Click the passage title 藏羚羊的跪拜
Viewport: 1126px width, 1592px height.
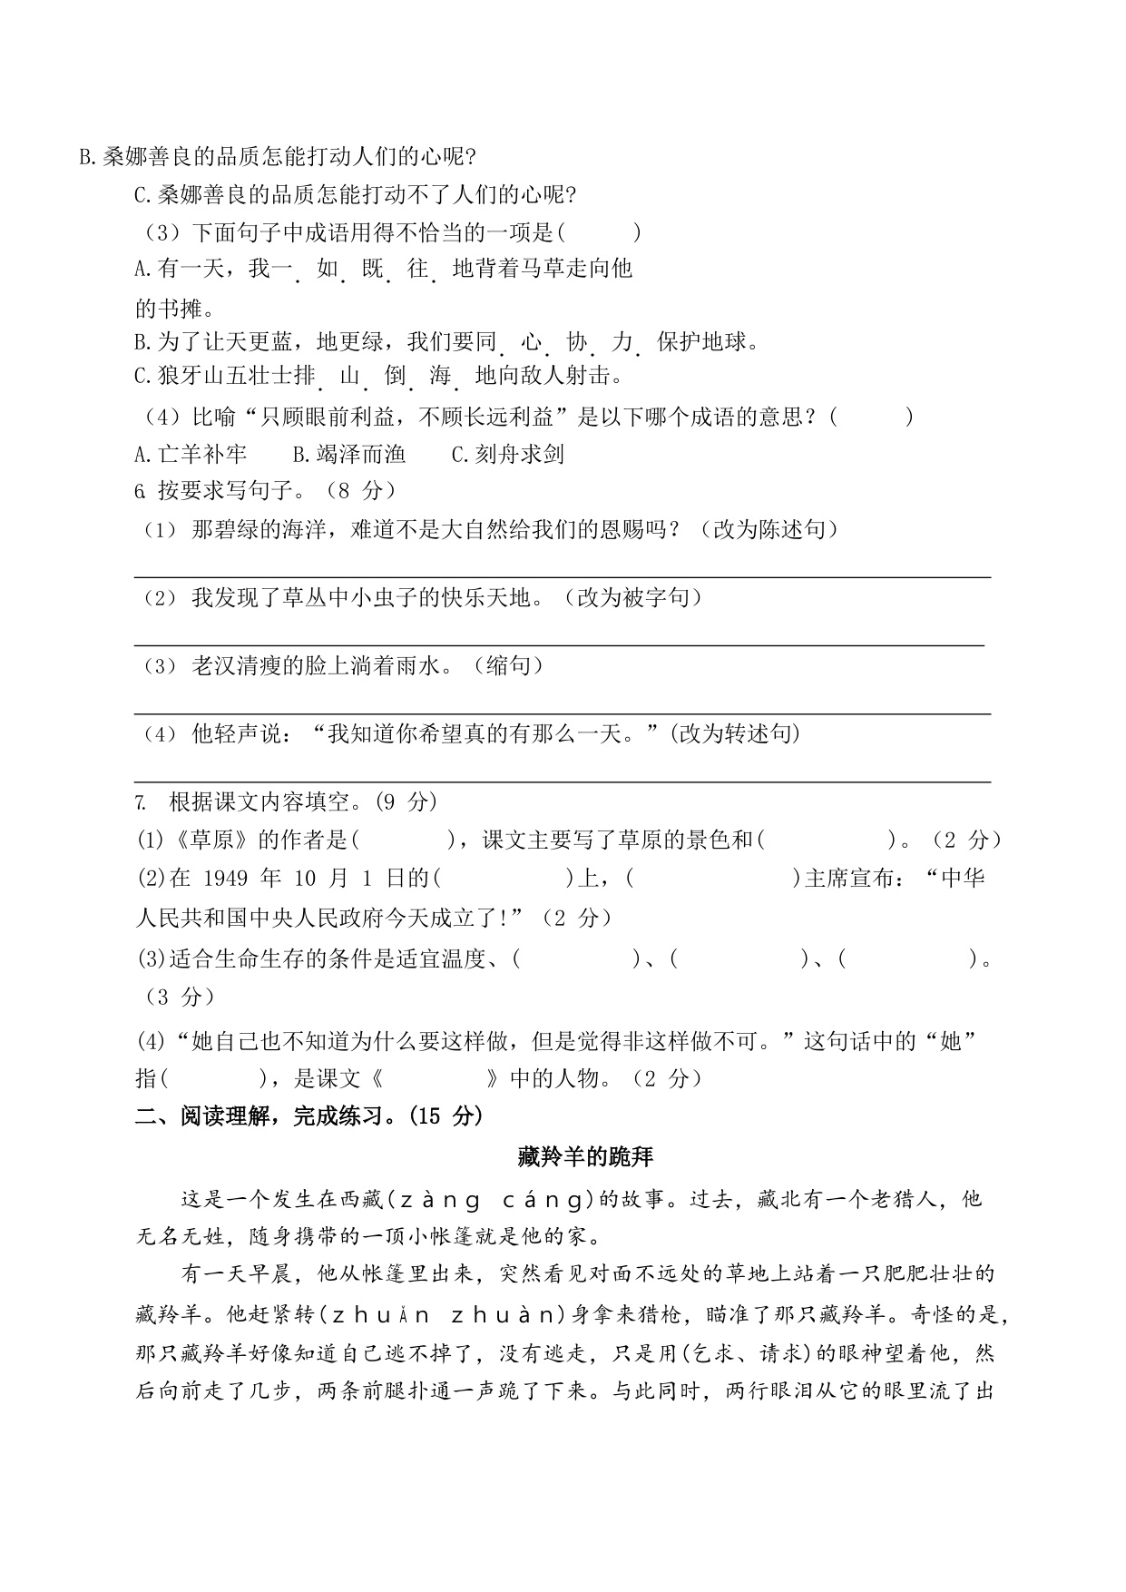tap(585, 1156)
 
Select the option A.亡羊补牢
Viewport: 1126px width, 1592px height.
tap(190, 454)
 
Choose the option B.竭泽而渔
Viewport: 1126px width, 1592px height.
tap(349, 454)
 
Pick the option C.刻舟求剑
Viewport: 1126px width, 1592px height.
tap(508, 454)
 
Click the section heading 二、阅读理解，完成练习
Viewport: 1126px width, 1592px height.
tap(308, 1115)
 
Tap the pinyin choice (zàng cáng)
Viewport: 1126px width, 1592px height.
tap(490, 1199)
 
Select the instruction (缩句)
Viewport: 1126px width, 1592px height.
tap(509, 665)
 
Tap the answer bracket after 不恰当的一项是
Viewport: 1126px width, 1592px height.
tap(599, 232)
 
